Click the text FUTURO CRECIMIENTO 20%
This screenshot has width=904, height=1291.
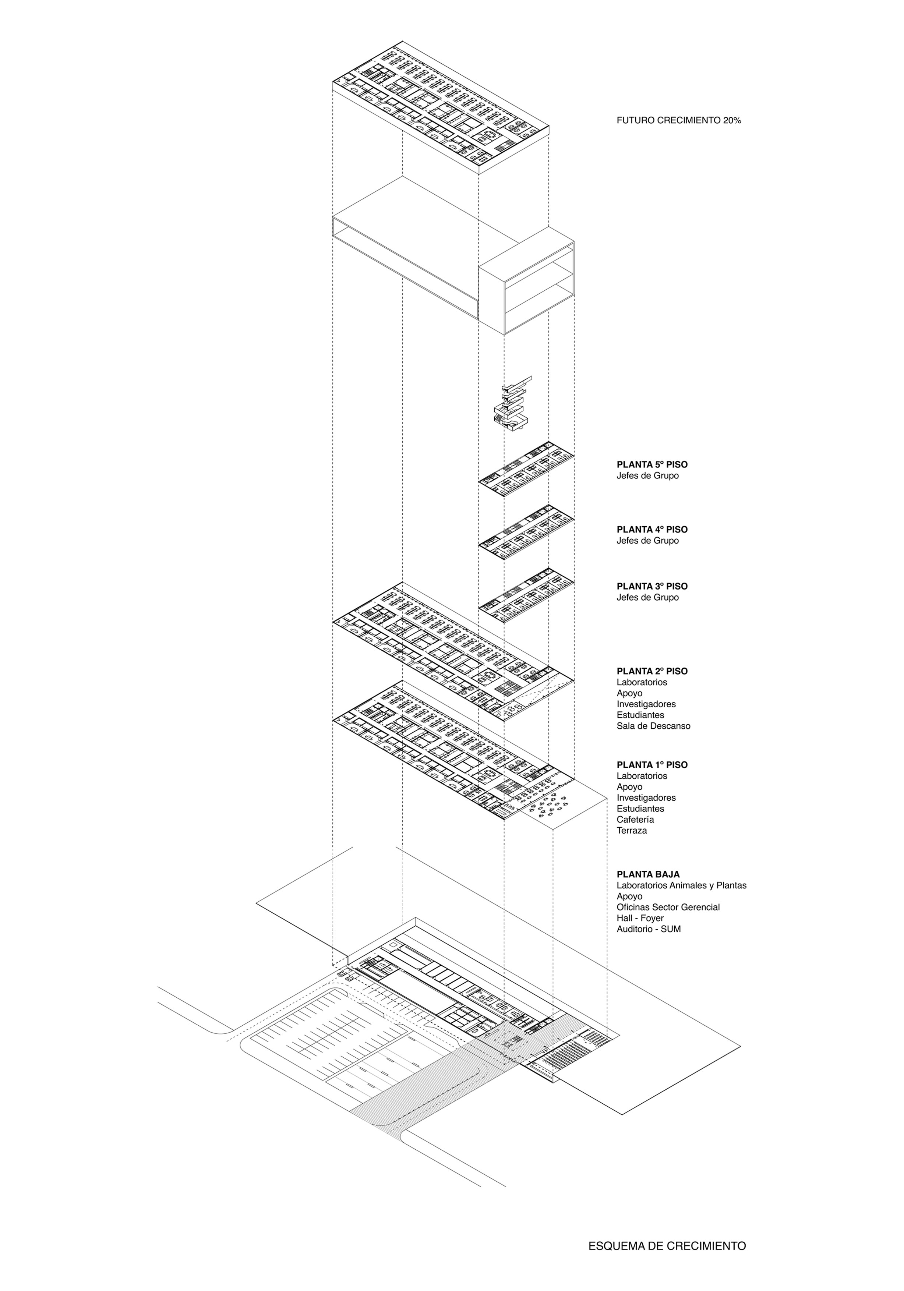coord(678,120)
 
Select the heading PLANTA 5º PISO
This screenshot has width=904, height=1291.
coord(652,464)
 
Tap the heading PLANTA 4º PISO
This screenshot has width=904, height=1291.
coord(652,529)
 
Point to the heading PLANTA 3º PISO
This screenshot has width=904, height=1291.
coord(652,586)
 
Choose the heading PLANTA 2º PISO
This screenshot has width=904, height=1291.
coord(652,671)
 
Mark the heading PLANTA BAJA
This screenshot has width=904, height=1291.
coord(648,874)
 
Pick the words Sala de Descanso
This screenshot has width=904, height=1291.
coord(653,726)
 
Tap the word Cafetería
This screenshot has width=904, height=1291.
coord(635,819)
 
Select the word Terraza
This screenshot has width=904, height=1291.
coord(632,831)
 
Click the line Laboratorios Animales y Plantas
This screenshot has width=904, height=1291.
coord(681,885)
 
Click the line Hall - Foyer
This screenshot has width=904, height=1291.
coord(640,918)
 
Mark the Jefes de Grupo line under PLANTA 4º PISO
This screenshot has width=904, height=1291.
coord(647,541)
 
